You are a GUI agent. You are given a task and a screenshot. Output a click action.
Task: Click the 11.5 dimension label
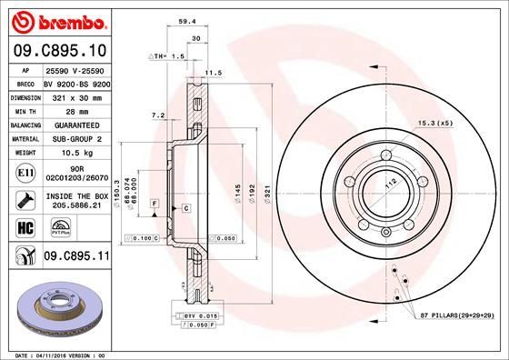tap(215, 73)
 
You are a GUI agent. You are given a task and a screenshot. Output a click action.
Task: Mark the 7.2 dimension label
tap(155, 115)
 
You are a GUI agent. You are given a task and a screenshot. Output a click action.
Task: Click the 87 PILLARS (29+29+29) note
tap(457, 314)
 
